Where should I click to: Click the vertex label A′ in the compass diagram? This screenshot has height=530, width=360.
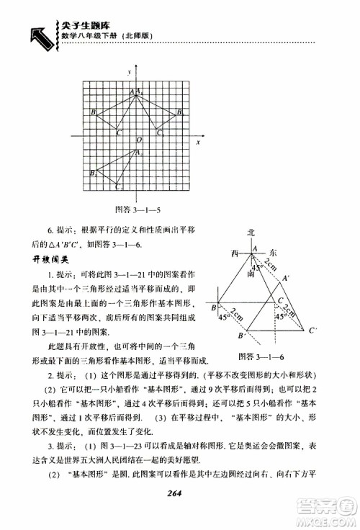287,279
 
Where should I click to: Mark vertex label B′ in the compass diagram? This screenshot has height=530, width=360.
242,336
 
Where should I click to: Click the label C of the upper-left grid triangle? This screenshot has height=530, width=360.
117,133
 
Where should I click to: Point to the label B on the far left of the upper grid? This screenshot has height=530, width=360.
94,112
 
